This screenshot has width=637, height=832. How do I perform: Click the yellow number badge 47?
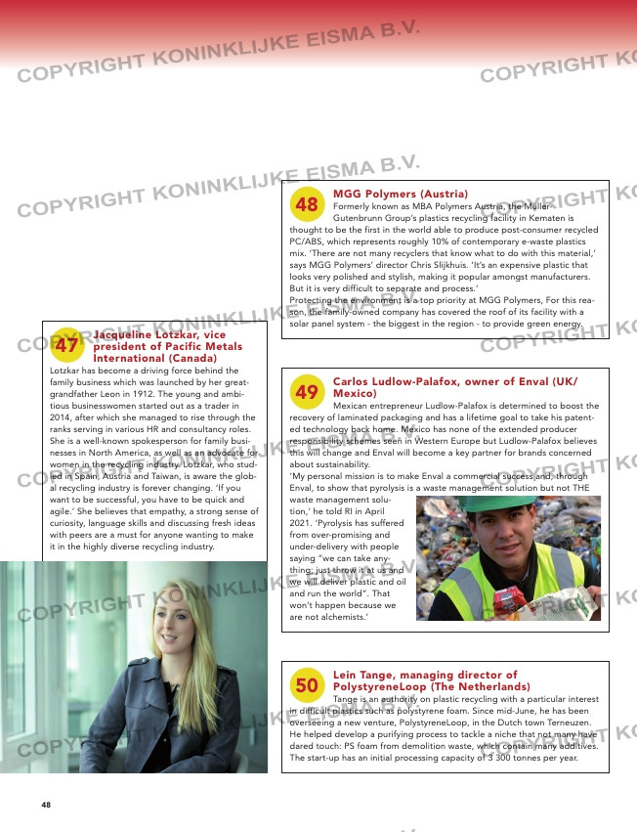(x=66, y=345)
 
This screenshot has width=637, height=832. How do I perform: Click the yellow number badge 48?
(x=307, y=204)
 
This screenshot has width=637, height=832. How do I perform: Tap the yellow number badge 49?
(x=307, y=392)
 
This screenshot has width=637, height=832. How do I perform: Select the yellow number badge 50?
(x=307, y=686)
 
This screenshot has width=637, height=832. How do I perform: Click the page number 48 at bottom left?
(x=46, y=805)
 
